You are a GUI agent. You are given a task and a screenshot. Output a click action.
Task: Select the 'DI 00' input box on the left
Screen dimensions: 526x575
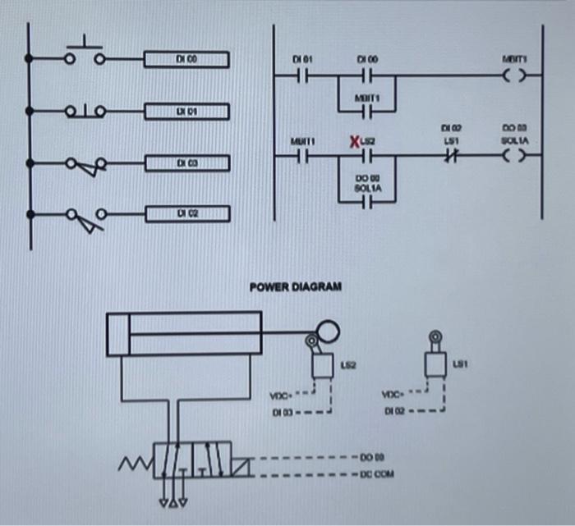click(186, 59)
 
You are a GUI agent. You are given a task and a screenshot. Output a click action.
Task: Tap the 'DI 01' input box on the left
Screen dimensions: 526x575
click(186, 110)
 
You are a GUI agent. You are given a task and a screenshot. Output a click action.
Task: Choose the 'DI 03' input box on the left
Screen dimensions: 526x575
click(186, 163)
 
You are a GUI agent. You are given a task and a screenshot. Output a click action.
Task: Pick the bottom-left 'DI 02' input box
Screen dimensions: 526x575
click(186, 214)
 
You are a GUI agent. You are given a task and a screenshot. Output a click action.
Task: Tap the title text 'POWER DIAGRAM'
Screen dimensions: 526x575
click(296, 286)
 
